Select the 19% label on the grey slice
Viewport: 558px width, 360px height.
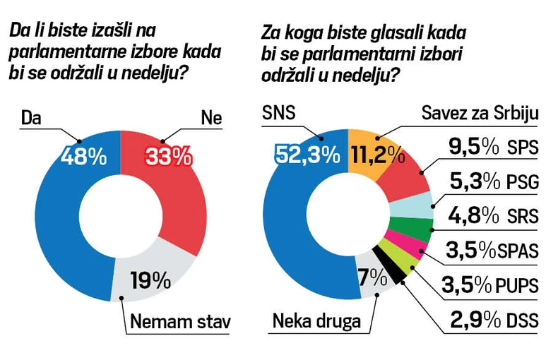(150, 280)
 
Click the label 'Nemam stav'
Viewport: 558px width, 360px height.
(181, 324)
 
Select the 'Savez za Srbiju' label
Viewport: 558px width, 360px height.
(480, 114)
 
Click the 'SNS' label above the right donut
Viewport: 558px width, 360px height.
(280, 114)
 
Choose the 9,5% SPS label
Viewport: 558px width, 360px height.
(494, 148)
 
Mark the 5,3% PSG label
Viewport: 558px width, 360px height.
(494, 182)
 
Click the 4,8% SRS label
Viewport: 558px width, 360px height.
(494, 216)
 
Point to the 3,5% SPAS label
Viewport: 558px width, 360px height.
(494, 251)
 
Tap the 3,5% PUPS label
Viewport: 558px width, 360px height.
(494, 286)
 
